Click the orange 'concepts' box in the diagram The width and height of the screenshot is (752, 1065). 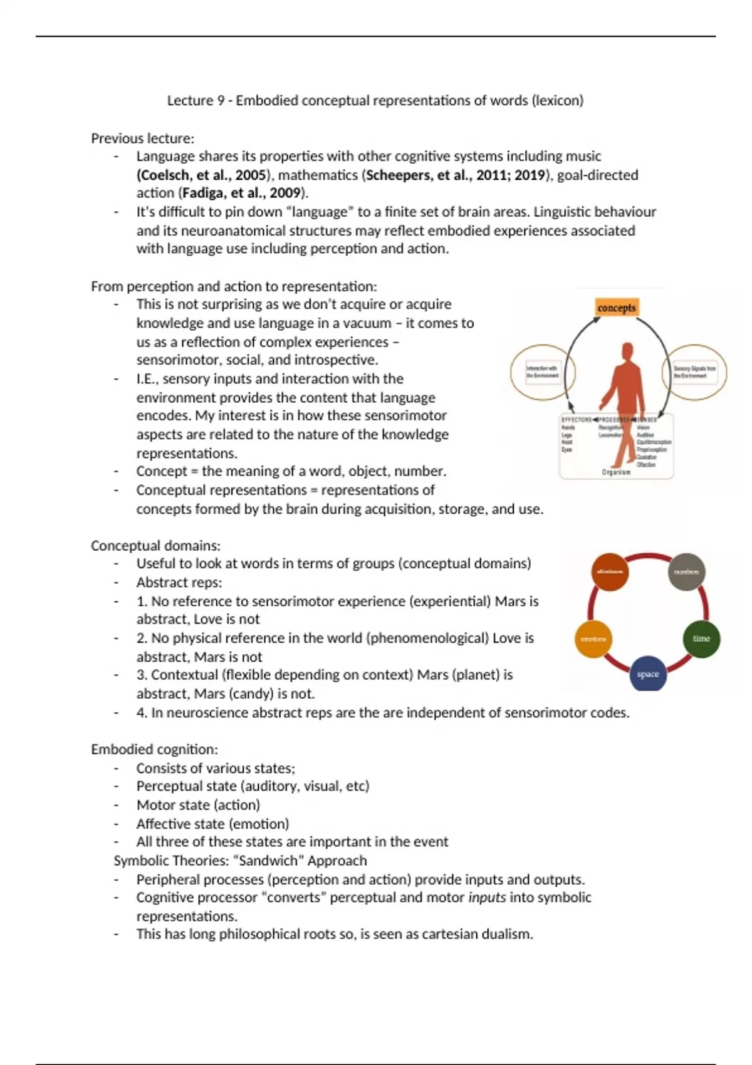click(x=617, y=308)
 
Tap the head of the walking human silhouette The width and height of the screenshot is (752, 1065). click(x=627, y=351)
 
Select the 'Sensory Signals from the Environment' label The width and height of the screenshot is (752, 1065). click(x=694, y=372)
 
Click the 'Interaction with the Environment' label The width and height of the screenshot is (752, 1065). click(x=542, y=372)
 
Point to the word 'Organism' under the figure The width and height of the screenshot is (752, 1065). click(x=616, y=472)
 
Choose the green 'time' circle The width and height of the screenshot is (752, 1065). click(x=701, y=638)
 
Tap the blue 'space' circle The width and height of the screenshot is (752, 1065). click(x=647, y=674)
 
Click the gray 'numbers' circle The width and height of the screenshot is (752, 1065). click(x=686, y=572)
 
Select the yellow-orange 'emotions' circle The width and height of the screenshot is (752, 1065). click(x=593, y=639)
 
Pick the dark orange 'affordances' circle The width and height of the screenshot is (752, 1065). click(x=610, y=572)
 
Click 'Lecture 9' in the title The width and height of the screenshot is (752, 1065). click(x=196, y=100)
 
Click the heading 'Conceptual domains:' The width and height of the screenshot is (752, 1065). click(x=155, y=546)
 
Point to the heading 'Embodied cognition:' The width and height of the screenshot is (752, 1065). click(x=154, y=749)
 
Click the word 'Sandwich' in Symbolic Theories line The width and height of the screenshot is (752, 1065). click(x=272, y=861)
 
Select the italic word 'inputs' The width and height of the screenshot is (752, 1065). click(x=487, y=897)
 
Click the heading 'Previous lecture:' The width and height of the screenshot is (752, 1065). click(x=142, y=138)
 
